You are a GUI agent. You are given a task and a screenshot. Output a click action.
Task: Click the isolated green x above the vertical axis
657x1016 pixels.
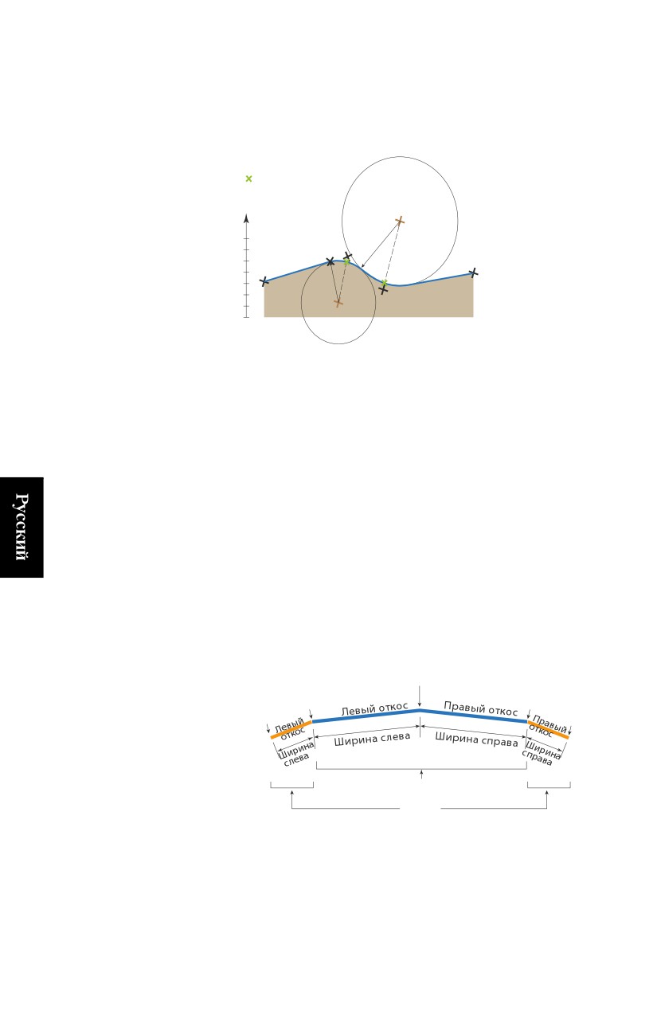(x=248, y=178)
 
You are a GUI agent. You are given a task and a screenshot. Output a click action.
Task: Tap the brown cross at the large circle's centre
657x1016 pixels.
(x=400, y=222)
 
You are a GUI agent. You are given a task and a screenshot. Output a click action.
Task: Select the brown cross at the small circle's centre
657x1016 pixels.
(x=338, y=303)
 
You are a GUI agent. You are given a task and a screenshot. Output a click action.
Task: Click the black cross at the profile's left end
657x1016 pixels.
(x=264, y=281)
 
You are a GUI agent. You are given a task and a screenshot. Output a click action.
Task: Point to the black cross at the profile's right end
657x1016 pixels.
(x=473, y=273)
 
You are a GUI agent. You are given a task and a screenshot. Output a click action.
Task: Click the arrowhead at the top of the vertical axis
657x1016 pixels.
(x=246, y=218)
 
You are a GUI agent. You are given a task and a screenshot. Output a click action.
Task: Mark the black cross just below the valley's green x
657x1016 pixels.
(x=383, y=290)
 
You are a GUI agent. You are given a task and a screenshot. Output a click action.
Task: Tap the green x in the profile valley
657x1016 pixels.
(x=384, y=283)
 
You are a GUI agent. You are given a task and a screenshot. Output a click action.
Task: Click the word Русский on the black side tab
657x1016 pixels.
(x=22, y=527)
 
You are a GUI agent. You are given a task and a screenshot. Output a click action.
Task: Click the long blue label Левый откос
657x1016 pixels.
(x=374, y=710)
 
